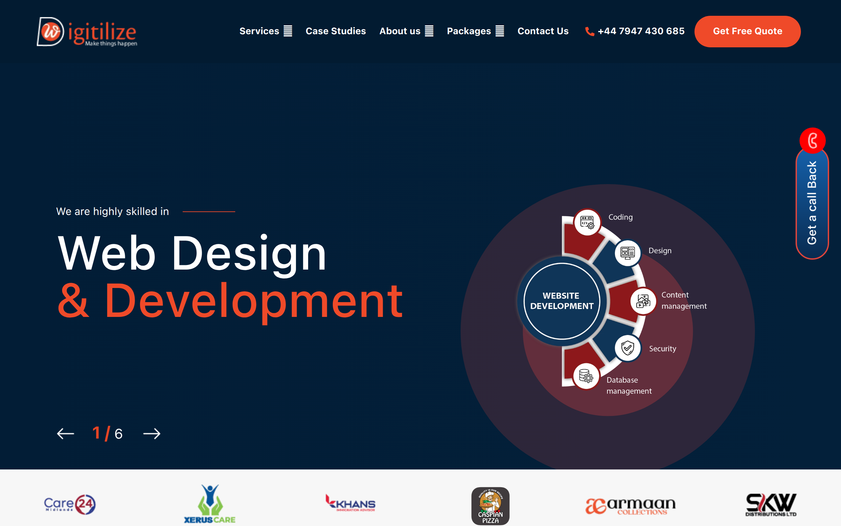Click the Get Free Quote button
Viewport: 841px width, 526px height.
click(747, 31)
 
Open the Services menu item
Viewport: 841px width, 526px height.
click(265, 31)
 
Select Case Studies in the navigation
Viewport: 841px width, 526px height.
click(335, 31)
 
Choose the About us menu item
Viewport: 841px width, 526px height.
click(406, 31)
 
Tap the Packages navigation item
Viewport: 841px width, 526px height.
click(475, 31)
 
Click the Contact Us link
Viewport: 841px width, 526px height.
click(543, 31)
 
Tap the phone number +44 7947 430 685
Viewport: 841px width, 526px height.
click(641, 31)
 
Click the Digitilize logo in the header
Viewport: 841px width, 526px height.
click(87, 32)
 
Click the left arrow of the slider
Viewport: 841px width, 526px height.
click(65, 434)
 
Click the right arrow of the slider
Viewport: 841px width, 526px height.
click(152, 434)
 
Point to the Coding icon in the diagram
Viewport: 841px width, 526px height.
click(587, 222)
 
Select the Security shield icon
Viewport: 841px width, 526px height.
click(627, 348)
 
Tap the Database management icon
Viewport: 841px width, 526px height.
click(586, 376)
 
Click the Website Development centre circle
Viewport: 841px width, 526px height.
click(561, 301)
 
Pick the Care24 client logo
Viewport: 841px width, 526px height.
click(70, 504)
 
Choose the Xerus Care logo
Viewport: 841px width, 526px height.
click(210, 504)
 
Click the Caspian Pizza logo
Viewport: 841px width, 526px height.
click(490, 506)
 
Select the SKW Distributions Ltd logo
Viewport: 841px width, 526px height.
click(771, 504)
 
